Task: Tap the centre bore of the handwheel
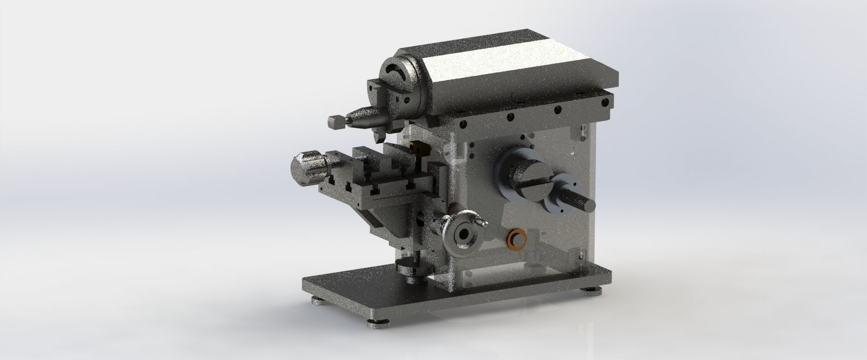pyautogui.click(x=462, y=234)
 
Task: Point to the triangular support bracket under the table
pyautogui.click(x=388, y=221)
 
